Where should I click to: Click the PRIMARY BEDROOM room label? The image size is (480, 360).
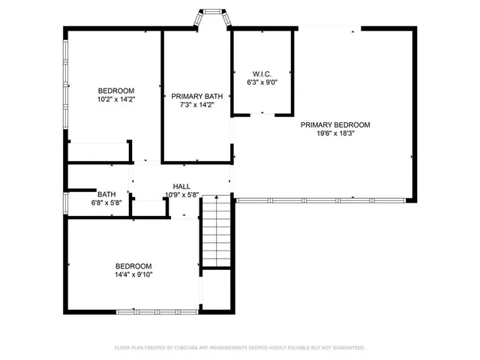(x=335, y=124)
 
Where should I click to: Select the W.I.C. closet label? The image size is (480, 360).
(x=262, y=73)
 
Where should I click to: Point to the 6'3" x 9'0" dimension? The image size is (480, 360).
(x=262, y=82)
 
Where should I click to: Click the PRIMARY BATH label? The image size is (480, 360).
(x=196, y=96)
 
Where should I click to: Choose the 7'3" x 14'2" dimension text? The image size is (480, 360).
(x=196, y=105)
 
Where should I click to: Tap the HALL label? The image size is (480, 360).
(x=181, y=186)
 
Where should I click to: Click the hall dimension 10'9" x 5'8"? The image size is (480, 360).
(x=181, y=195)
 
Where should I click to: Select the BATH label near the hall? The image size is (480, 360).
(x=106, y=193)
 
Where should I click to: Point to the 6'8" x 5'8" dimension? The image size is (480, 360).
(x=106, y=202)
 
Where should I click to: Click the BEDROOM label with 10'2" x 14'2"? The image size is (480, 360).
(x=115, y=90)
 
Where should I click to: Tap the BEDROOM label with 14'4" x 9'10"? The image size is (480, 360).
(x=133, y=266)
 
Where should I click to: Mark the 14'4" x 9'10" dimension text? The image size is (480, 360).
(x=133, y=275)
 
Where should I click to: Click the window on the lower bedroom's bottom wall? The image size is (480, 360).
(x=157, y=311)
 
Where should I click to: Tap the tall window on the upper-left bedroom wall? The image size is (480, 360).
(x=65, y=72)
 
